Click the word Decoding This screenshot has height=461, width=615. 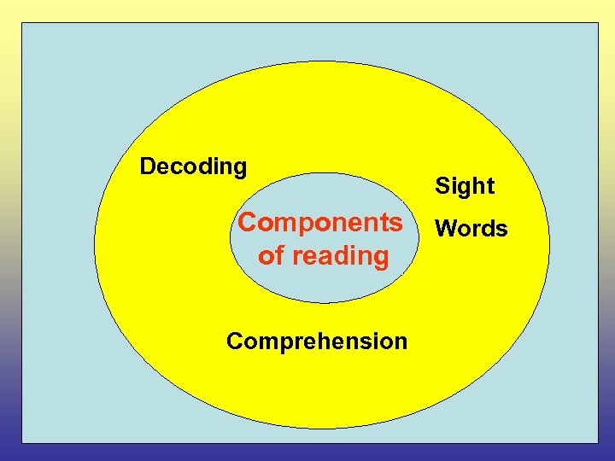click(x=193, y=166)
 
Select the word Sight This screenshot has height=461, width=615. click(x=465, y=186)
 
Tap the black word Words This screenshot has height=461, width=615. click(x=471, y=229)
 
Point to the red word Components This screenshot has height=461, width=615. click(x=319, y=223)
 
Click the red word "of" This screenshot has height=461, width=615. click(x=271, y=255)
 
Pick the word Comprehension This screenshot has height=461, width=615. click(x=317, y=341)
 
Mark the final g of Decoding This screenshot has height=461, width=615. click(x=239, y=169)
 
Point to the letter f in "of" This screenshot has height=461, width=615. click(x=279, y=254)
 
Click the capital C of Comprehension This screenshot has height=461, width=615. click(x=235, y=341)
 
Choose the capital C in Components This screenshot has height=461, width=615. click(x=248, y=222)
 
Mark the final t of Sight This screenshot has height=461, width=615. click(x=489, y=186)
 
